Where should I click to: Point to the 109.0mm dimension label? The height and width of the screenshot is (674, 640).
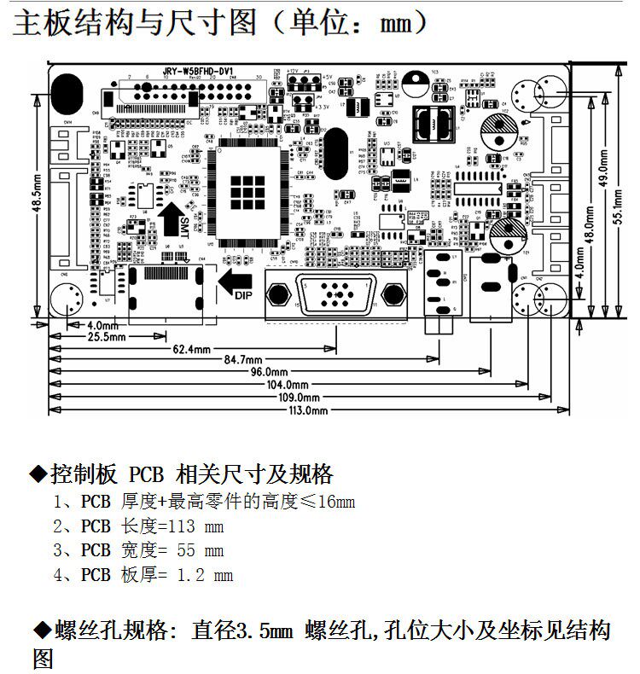coord(300,398)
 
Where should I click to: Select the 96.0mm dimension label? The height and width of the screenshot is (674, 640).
coord(268,372)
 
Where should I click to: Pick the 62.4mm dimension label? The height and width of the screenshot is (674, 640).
coord(192,348)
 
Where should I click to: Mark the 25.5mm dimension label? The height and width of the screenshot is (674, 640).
coord(107,336)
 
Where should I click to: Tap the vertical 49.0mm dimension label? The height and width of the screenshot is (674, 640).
coord(602,169)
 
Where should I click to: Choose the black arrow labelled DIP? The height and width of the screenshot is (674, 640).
coord(235,282)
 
